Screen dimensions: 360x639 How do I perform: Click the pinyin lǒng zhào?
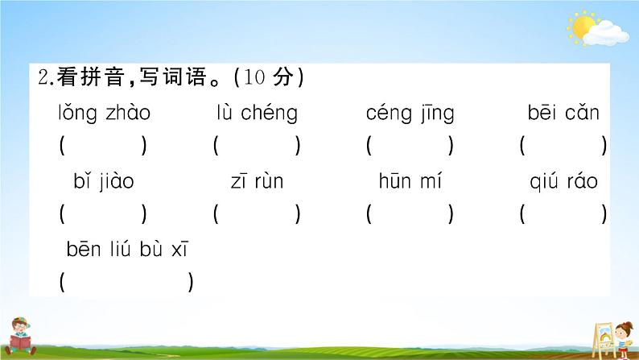point(104,114)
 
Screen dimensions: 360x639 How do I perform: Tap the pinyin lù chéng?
point(257,114)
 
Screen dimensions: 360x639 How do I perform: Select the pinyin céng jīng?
point(410,114)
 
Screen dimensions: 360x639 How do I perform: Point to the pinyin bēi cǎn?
point(563,114)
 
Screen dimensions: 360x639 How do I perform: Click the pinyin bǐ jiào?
point(103,182)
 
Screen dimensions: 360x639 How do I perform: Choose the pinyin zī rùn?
point(257,182)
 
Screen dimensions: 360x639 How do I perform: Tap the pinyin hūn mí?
point(410,182)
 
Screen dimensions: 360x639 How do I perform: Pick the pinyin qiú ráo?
point(563,182)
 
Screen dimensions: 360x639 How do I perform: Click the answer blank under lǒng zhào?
point(103,147)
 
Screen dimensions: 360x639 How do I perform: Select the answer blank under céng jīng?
point(410,147)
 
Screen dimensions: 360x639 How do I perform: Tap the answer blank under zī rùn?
point(257,215)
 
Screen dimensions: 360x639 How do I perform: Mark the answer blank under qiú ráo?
point(563,215)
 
